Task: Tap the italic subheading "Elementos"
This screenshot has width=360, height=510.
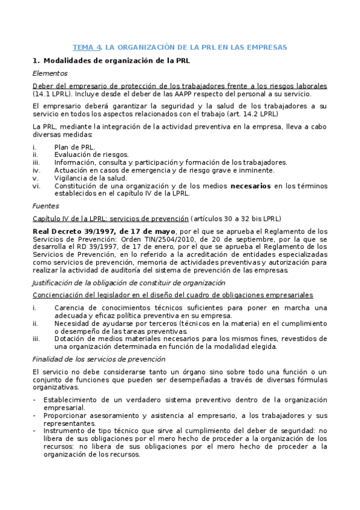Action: click(50, 73)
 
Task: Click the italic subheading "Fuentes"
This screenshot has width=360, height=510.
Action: click(46, 206)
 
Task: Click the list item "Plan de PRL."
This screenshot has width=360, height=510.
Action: click(75, 147)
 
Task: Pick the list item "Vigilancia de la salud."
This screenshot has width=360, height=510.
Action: click(90, 178)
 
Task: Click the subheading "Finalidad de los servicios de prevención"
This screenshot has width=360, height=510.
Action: click(99, 359)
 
